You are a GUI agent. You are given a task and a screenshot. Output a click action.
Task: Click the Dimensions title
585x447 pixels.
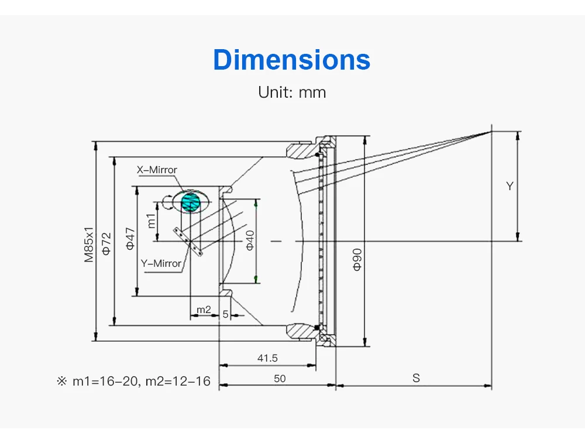[x=292, y=59]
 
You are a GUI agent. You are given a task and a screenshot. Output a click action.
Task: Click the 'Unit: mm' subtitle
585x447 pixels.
[x=292, y=92]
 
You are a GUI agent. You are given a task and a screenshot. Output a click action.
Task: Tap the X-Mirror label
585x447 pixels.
[x=157, y=170]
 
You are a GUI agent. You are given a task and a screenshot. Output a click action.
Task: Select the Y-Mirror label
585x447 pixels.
[x=161, y=263]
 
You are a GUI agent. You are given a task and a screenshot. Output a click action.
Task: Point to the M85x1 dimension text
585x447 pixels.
[x=89, y=245]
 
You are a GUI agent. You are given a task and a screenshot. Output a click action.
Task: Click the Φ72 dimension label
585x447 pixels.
[x=106, y=243]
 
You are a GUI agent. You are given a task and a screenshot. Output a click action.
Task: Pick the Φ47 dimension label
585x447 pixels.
[x=129, y=239]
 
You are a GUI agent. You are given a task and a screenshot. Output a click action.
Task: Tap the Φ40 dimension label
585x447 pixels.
[x=250, y=240]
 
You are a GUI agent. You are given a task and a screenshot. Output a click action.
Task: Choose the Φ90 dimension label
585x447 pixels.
[x=357, y=259]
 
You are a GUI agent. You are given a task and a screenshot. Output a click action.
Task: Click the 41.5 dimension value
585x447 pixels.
[x=267, y=358]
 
